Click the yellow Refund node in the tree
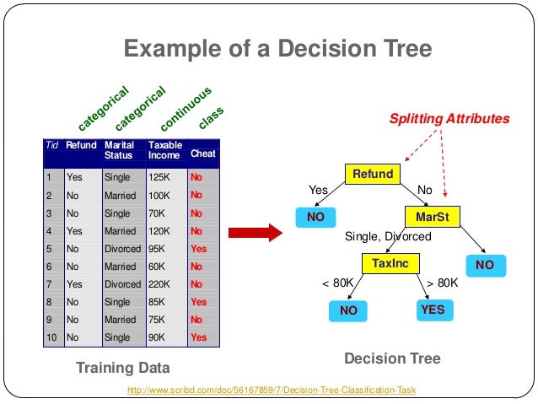click(373, 175)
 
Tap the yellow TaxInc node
click(390, 264)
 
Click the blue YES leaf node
click(433, 310)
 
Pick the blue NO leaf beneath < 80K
click(348, 311)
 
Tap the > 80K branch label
click(442, 283)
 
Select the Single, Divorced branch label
click(388, 237)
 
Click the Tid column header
click(51, 145)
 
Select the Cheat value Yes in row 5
click(198, 250)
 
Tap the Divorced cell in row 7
click(121, 285)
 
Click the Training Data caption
click(122, 368)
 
